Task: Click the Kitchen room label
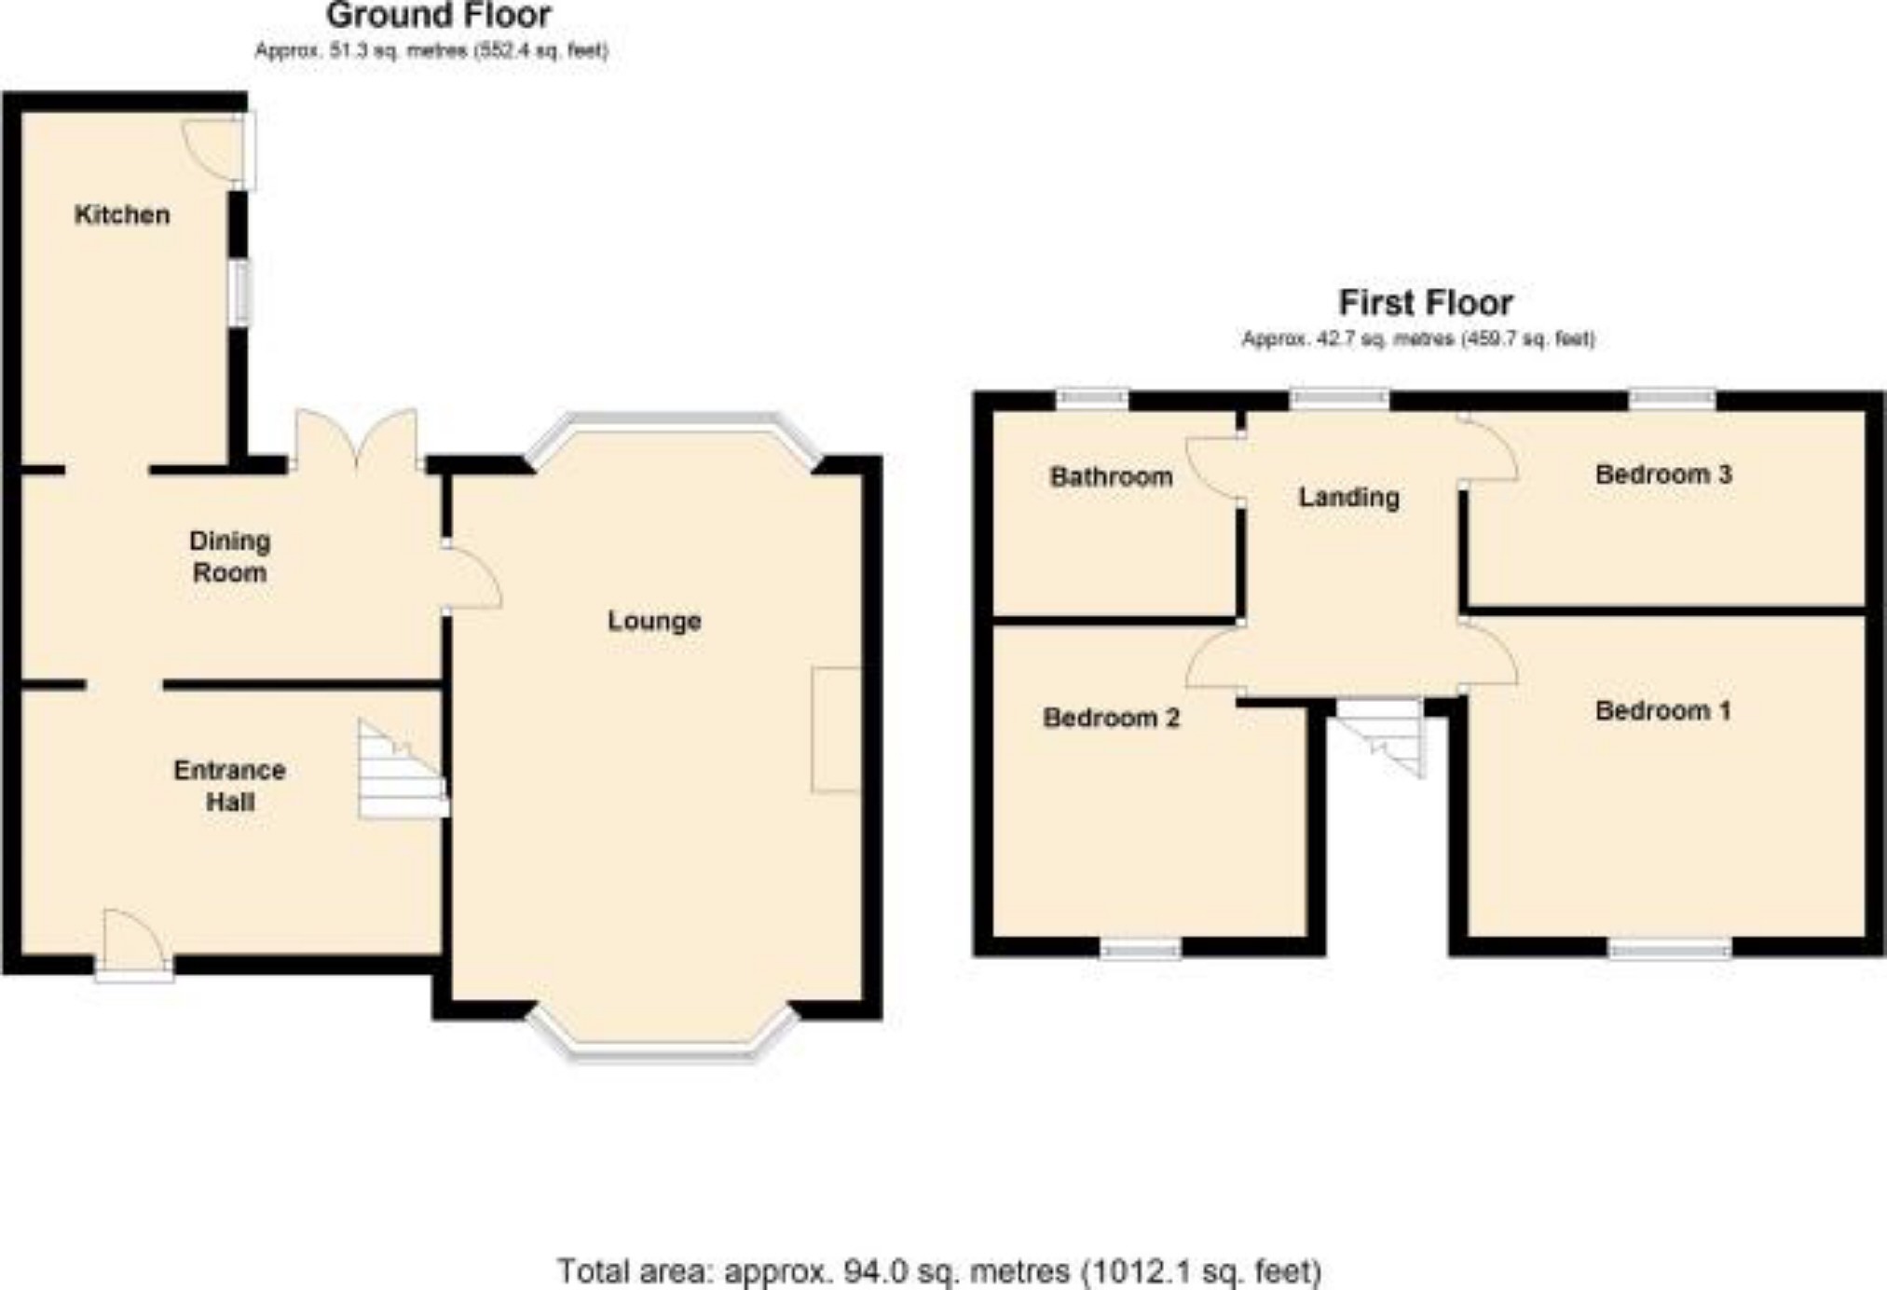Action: coord(122,215)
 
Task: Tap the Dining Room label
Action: coord(229,556)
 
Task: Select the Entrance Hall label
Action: coord(229,786)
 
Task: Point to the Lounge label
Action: coord(654,621)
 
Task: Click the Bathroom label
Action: coord(1111,477)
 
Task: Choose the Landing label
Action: coord(1349,498)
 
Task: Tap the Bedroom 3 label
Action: coord(1663,474)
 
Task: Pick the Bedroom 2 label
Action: coord(1111,718)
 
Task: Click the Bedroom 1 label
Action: coord(1663,711)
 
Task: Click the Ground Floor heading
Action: coord(438,16)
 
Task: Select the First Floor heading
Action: coord(1426,303)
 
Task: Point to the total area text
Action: coord(939,1271)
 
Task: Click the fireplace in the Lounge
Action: coord(836,730)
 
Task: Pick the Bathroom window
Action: coord(1092,400)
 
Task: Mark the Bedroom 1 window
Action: coord(1670,949)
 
